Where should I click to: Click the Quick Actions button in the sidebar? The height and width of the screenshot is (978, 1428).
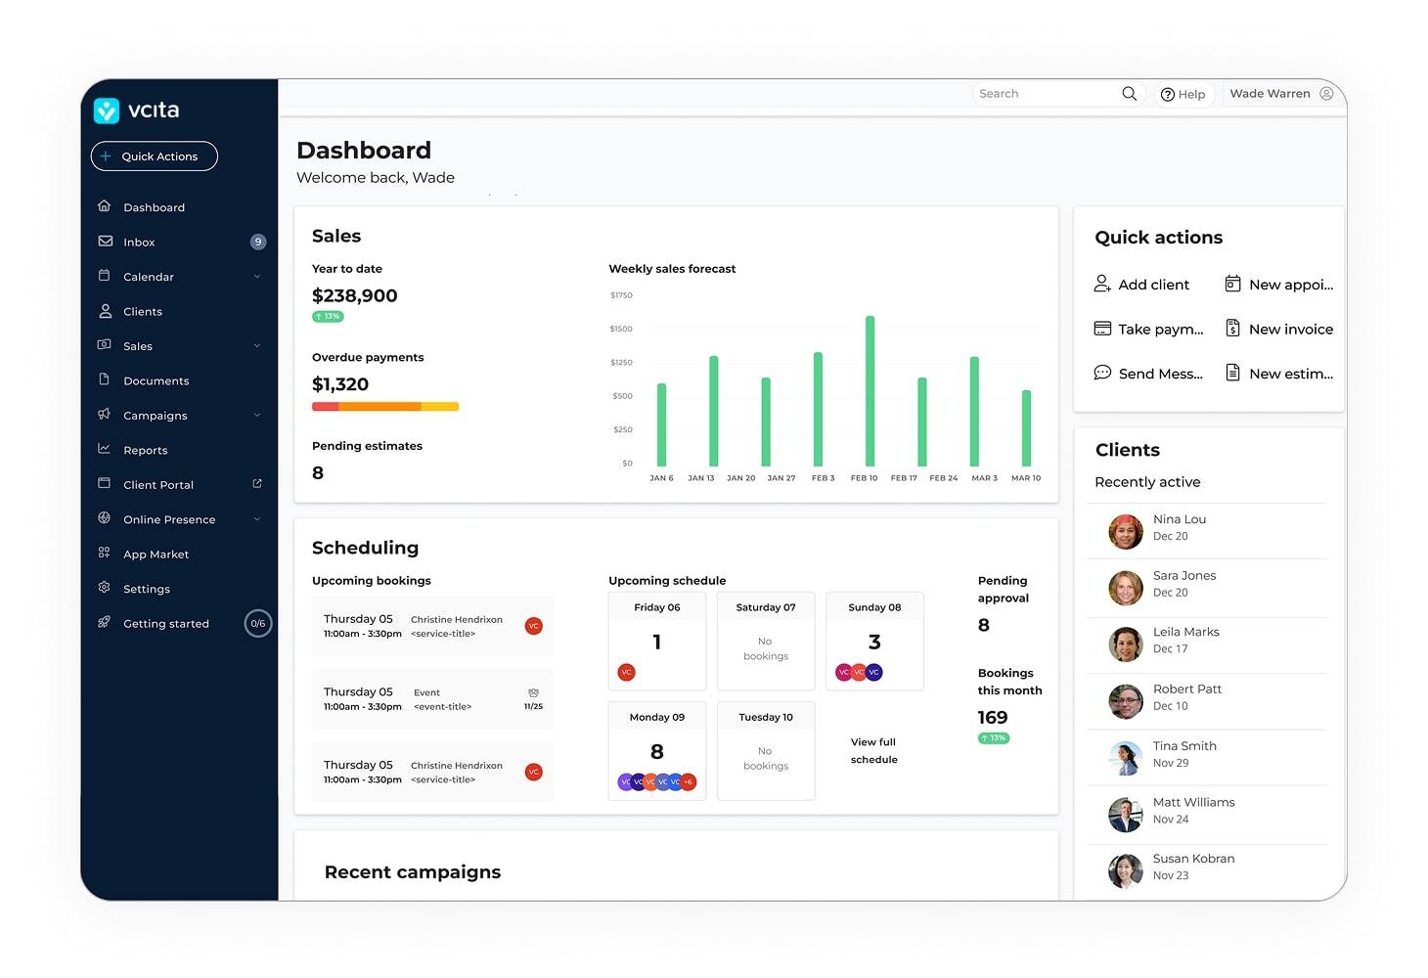155,156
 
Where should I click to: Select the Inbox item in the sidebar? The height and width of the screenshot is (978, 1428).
139,243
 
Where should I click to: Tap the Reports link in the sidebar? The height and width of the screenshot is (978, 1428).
145,451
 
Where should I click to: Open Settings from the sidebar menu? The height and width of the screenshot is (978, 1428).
147,590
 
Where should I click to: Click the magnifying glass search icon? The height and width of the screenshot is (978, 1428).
1129,94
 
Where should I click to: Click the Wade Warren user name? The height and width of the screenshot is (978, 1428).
1270,94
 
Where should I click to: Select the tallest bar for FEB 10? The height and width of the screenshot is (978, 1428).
870,390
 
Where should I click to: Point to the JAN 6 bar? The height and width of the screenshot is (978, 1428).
662,424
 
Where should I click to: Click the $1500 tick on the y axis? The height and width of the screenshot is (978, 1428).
621,330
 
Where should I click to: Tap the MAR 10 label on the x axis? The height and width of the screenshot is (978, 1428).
1026,478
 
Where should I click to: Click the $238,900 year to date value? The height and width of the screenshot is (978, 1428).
354,296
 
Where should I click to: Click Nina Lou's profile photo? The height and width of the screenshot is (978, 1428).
1125,531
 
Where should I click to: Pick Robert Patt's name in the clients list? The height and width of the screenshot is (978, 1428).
1187,689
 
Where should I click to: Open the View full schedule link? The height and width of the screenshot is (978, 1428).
873,751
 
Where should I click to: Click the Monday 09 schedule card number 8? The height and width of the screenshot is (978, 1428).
657,752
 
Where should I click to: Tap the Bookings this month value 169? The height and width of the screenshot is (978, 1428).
993,718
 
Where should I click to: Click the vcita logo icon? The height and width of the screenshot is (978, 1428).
107,111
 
